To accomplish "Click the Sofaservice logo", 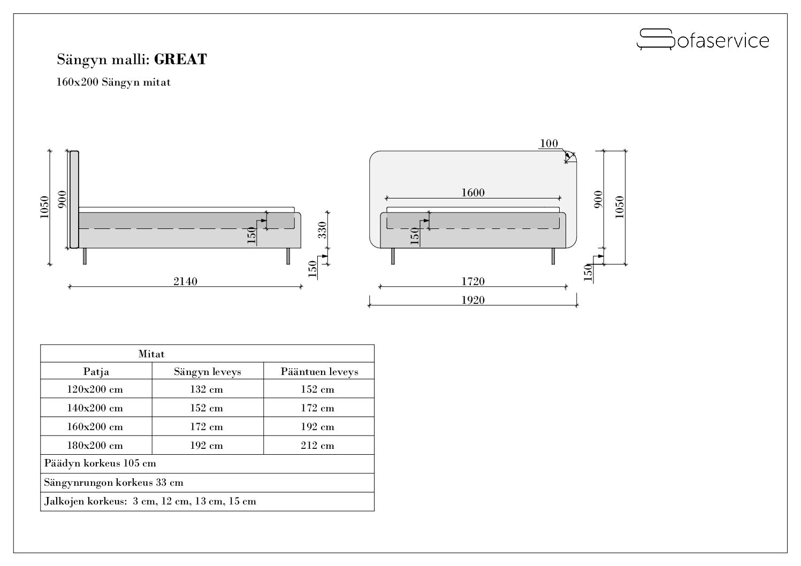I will coord(703,40).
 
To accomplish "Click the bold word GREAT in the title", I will coord(180,59).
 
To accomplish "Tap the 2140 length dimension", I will coord(185,281).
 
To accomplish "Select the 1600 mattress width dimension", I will coord(473,193).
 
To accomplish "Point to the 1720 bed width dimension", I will coord(473,281).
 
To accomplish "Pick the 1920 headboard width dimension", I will coord(473,300).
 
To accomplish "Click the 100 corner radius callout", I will coord(548,143).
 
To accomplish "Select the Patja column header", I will coord(96,371).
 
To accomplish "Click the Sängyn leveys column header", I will coord(208,371).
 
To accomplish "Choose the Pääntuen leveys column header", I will coord(319,371).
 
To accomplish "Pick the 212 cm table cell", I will coord(317,446).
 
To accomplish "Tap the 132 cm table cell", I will coord(207,389).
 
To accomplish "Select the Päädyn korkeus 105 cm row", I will coord(101,463).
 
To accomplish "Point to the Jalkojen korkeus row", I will coord(150,501).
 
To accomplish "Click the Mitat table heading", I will coord(151,354).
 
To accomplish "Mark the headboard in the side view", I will coord(74,200).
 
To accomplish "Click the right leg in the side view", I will coord(288,256).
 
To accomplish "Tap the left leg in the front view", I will coord(393,256).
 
